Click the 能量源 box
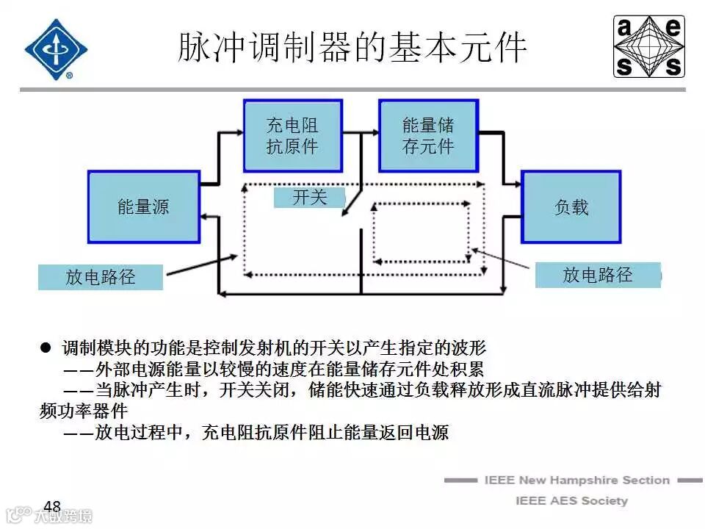pyautogui.click(x=144, y=206)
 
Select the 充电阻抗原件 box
pyautogui.click(x=293, y=136)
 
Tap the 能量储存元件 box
pyautogui.click(x=427, y=136)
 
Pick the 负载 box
pyautogui.click(x=571, y=207)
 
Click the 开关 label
pyautogui.click(x=309, y=197)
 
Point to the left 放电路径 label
pyautogui.click(x=101, y=277)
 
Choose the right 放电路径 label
pyautogui.click(x=597, y=275)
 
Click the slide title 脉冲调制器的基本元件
pyautogui.click(x=352, y=47)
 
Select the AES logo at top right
pyautogui.click(x=649, y=47)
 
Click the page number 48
pyautogui.click(x=52, y=507)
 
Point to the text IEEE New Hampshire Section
pyautogui.click(x=576, y=480)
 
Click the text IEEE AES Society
pyautogui.click(x=571, y=500)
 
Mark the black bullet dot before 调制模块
pyautogui.click(x=46, y=347)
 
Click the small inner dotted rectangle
pyautogui.click(x=422, y=231)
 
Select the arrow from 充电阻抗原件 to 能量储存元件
pyautogui.click(x=361, y=134)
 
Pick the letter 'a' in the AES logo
pyautogui.click(x=625, y=29)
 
